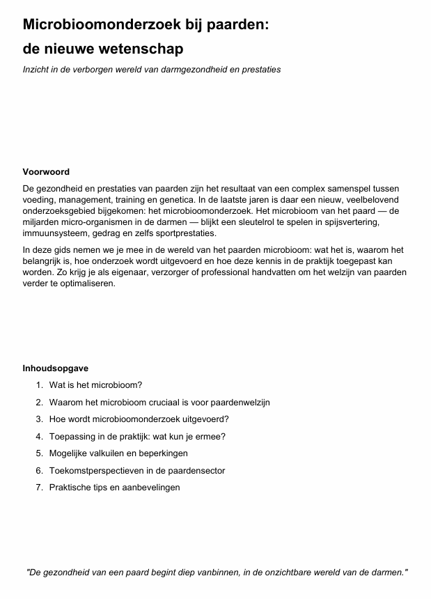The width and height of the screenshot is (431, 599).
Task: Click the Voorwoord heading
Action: (x=46, y=172)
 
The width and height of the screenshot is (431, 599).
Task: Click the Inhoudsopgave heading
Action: (x=56, y=368)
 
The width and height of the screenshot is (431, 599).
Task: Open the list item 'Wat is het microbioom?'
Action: (x=95, y=385)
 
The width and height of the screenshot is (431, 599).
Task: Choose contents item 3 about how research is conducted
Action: (x=139, y=419)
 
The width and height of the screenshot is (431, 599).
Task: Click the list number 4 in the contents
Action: (x=39, y=437)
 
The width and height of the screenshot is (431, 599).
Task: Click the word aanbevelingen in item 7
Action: (x=150, y=488)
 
